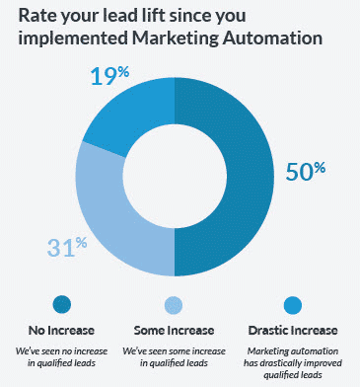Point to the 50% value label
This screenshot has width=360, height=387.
[x=306, y=170]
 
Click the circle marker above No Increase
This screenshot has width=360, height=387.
[x=62, y=304]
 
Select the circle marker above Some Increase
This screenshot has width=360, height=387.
[x=174, y=304]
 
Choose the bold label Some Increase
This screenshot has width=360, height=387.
[x=174, y=329]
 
